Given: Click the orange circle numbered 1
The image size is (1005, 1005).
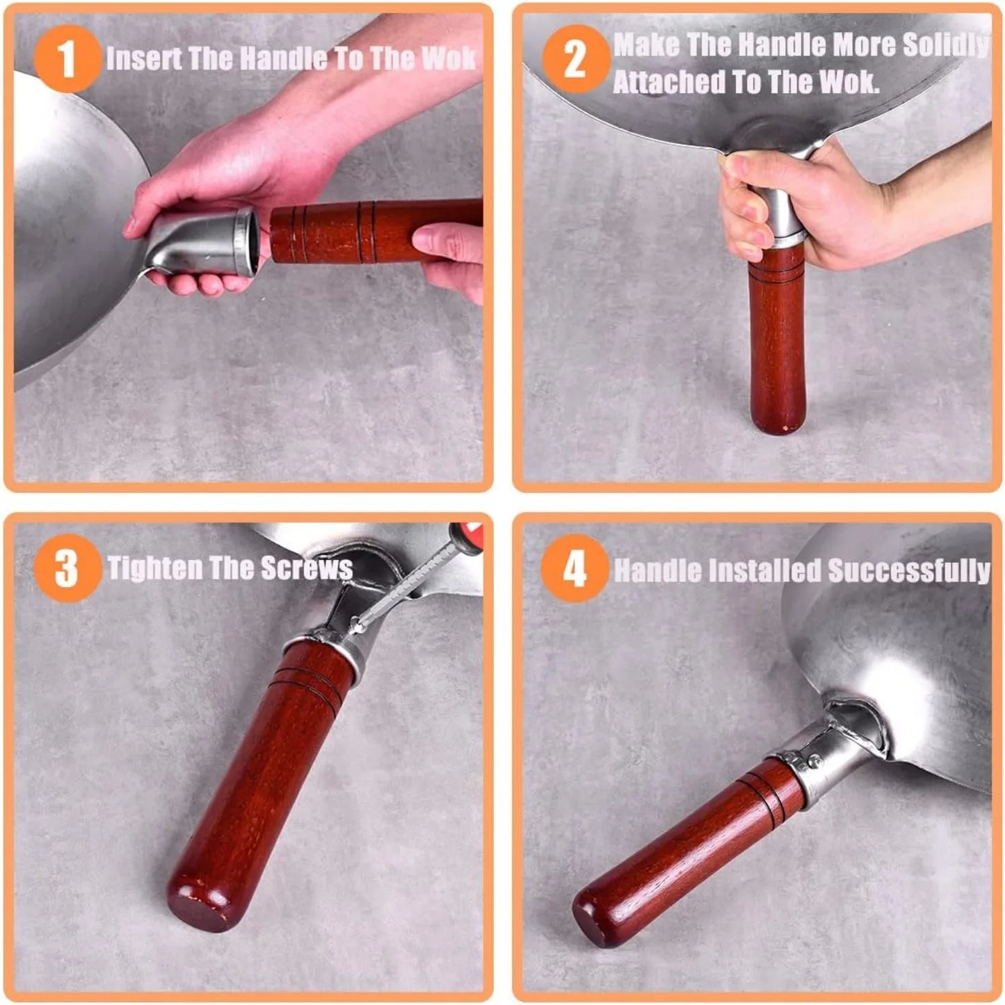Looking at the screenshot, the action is coord(67,59).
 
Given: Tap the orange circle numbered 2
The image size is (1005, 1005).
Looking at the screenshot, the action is coord(577,59).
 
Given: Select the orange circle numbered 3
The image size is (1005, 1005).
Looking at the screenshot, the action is coord(67,569).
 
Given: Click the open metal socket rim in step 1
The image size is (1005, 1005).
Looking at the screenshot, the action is coord(246,241).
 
